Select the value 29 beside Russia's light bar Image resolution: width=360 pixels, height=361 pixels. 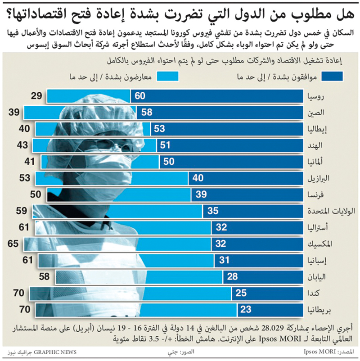[37, 96]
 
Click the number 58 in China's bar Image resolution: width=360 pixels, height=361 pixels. [147, 113]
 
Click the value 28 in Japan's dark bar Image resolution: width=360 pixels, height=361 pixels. [233, 276]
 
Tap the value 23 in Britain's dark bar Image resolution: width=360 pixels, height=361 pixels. [247, 309]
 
